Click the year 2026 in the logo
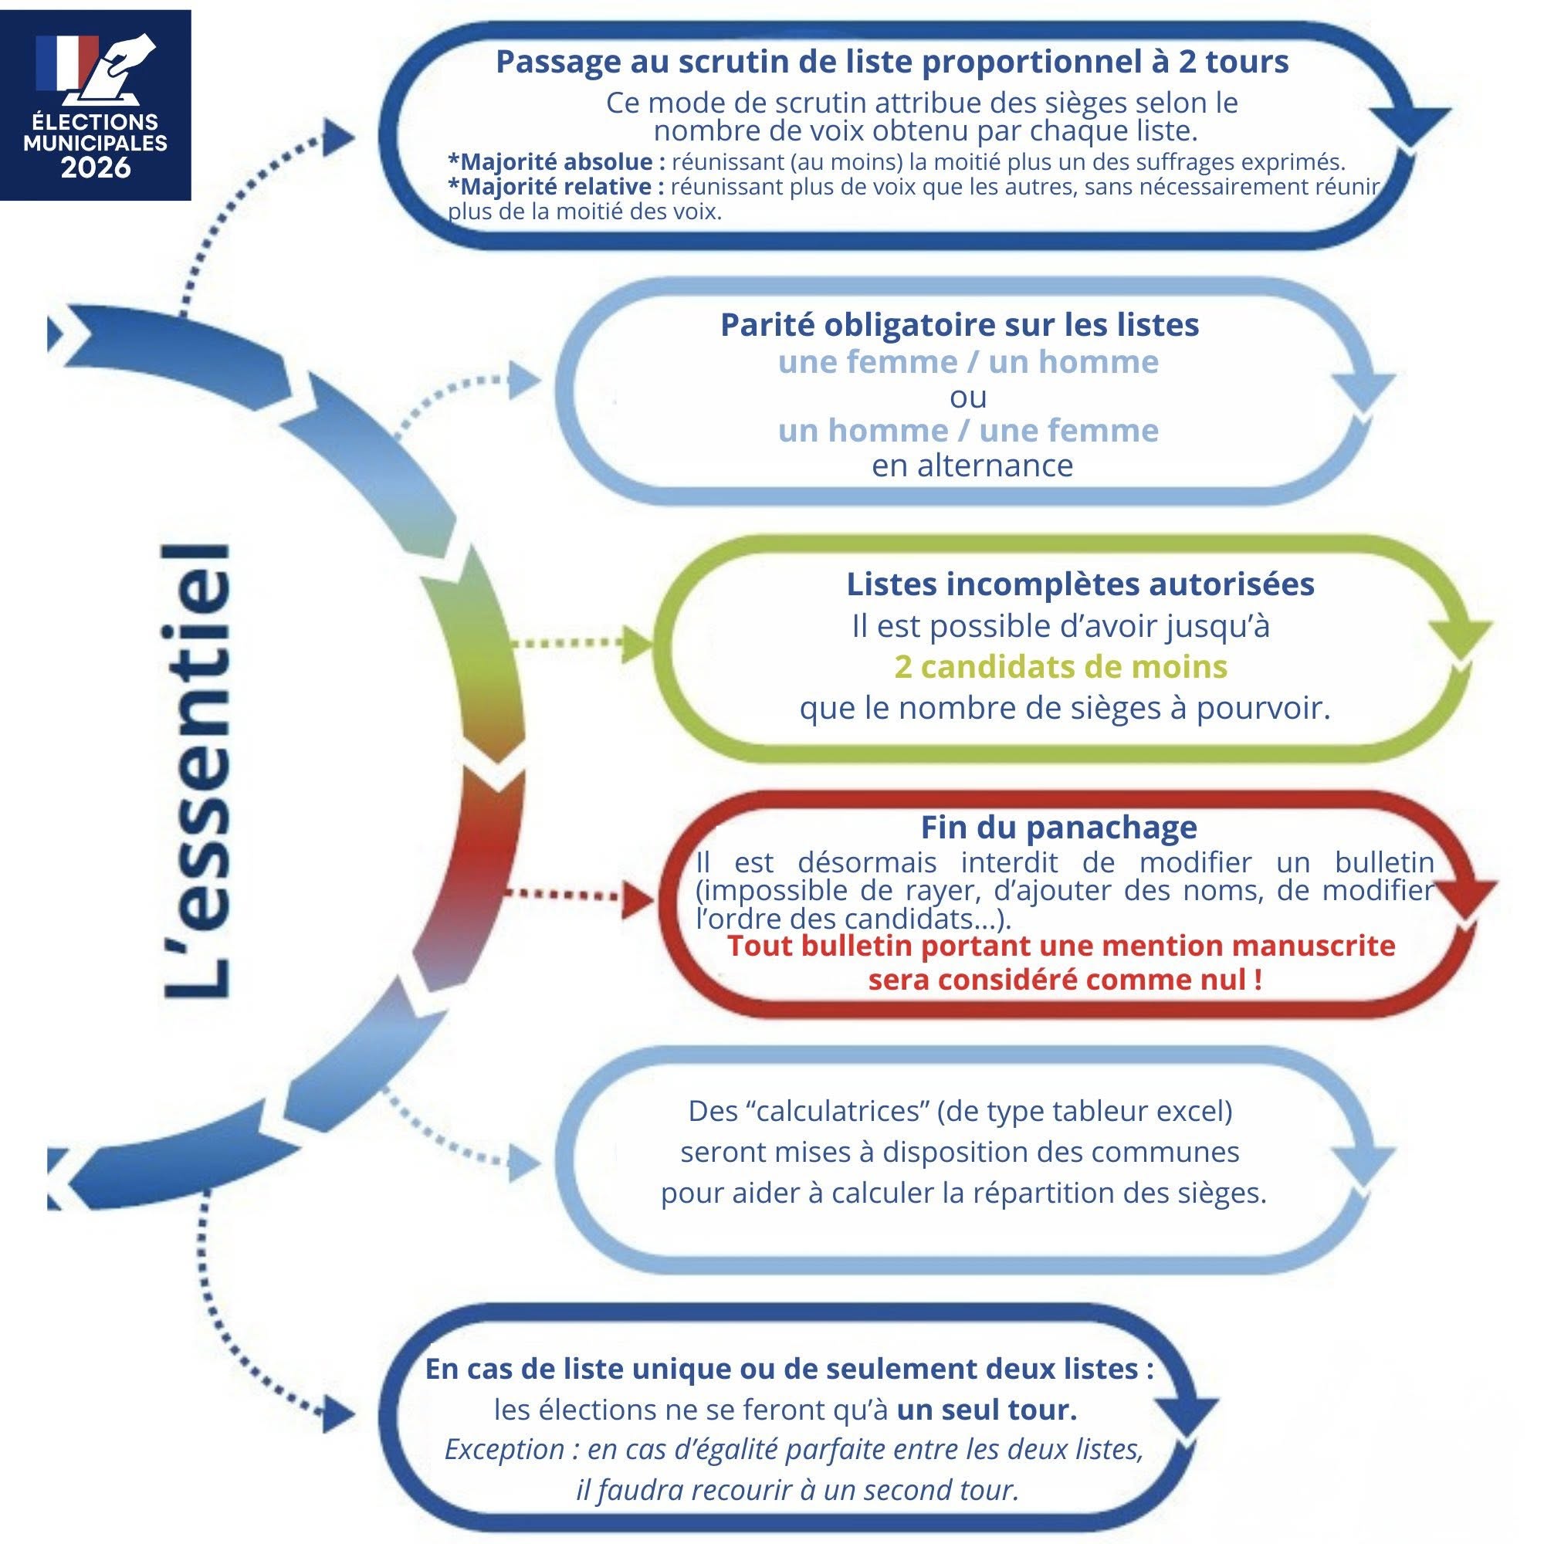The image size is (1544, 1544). (x=95, y=168)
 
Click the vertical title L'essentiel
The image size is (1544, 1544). (x=197, y=771)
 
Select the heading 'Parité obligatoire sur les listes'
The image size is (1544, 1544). (x=959, y=324)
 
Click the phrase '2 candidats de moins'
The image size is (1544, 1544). (x=1061, y=666)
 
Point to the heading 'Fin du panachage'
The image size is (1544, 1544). (x=1058, y=826)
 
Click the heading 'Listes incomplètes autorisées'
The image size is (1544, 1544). (x=1080, y=584)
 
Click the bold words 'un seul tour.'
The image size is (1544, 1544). (x=987, y=1410)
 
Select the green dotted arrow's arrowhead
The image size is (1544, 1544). (x=637, y=644)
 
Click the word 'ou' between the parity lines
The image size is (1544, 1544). (x=968, y=396)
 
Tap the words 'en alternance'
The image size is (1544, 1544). (x=972, y=465)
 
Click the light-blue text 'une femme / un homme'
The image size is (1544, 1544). (x=968, y=362)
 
